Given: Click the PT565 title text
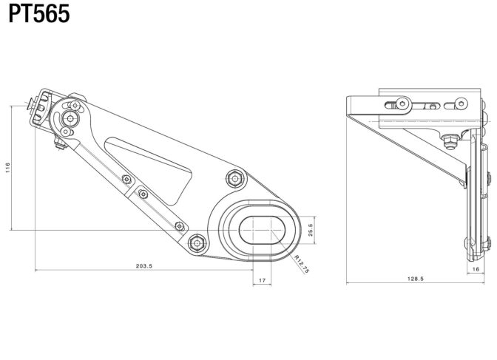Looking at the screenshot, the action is (x=39, y=14).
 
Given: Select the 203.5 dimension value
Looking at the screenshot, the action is (x=144, y=266).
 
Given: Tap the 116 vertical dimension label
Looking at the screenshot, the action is (x=8, y=168).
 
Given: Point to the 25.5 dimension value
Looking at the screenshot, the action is (x=311, y=230).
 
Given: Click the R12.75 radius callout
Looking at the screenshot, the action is (x=302, y=264).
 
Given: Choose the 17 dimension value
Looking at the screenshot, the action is (x=262, y=280).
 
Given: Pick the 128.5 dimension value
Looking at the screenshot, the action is (x=416, y=279).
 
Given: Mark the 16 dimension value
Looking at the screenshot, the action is (x=476, y=269).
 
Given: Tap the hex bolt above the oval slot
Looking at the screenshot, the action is (x=235, y=179).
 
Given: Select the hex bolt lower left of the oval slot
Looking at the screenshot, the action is (x=197, y=243).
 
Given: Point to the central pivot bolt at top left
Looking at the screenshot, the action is (x=70, y=118).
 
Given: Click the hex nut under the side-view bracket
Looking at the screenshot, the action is (x=449, y=140).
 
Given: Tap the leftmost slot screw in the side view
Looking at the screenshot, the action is (x=402, y=103).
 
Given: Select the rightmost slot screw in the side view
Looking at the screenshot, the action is (x=461, y=103).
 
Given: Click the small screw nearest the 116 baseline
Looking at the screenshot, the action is (x=180, y=226).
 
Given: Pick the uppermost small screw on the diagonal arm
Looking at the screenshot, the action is (x=126, y=180).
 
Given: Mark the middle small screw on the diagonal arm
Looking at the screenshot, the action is (x=143, y=194).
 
